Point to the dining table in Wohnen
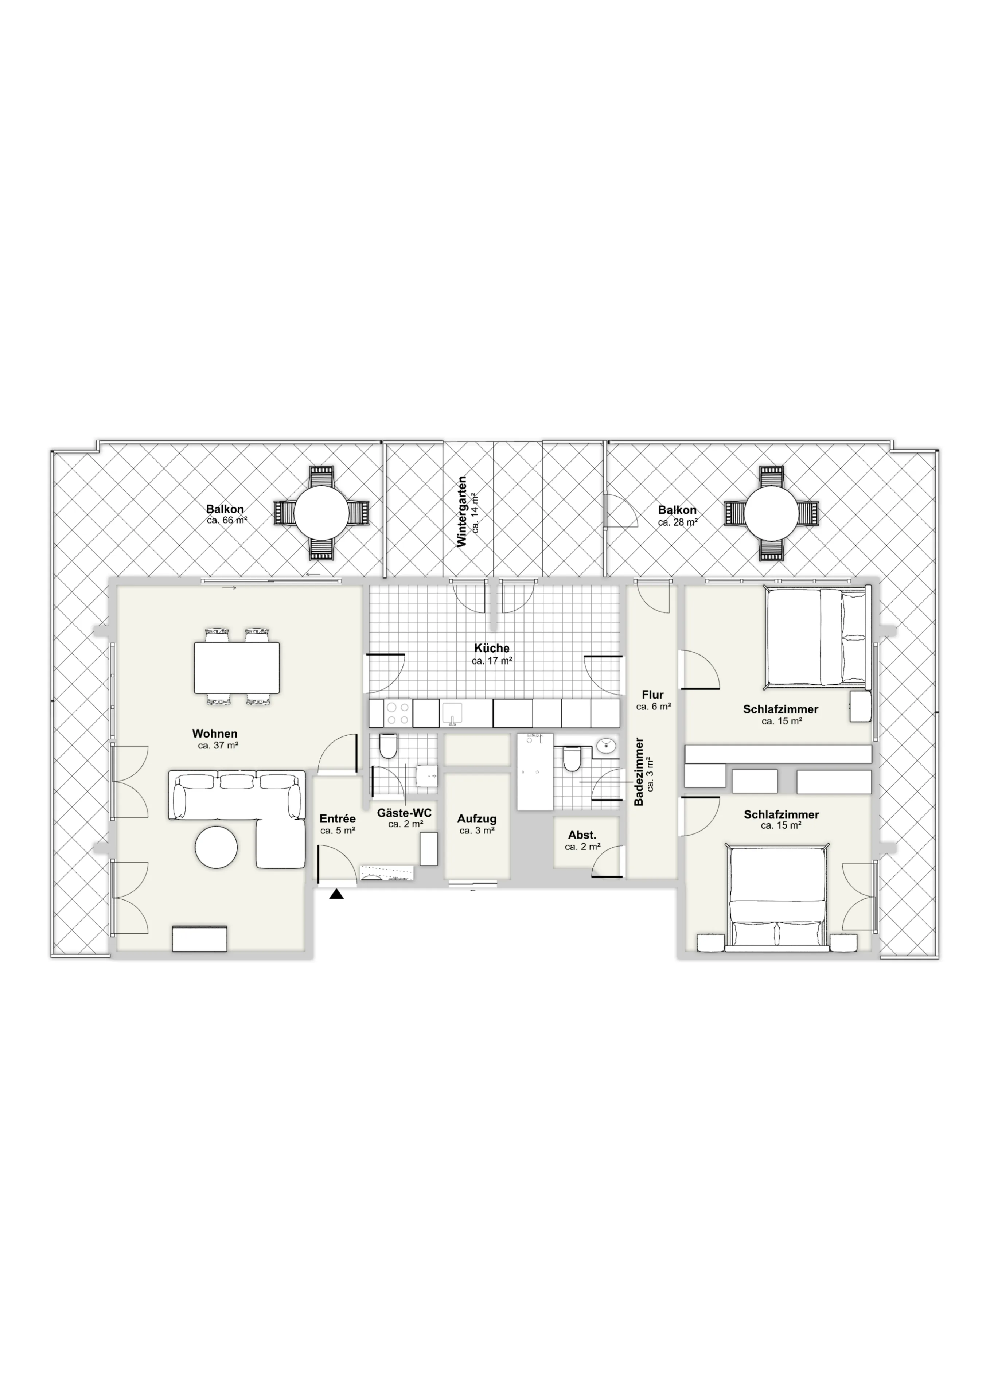237,668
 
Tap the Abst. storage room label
582,835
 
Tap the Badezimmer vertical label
639,772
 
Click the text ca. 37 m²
218,745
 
